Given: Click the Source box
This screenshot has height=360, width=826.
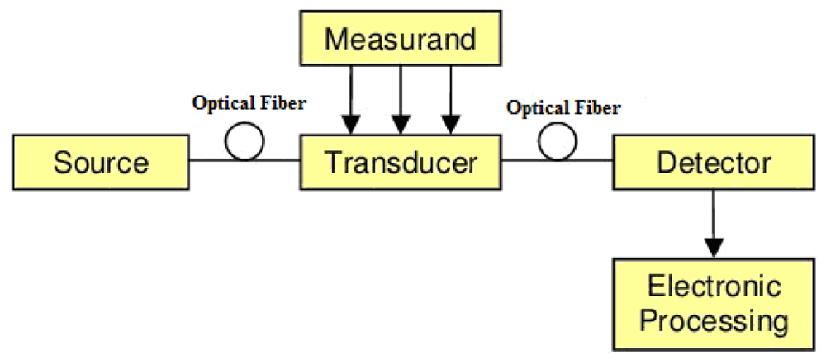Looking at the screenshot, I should (102, 161).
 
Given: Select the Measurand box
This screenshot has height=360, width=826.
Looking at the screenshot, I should (401, 40).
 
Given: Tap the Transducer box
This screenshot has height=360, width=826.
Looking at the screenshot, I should (401, 161).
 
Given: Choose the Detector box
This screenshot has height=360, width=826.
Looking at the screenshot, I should (714, 161).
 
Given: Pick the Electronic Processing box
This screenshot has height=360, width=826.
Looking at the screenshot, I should (714, 303).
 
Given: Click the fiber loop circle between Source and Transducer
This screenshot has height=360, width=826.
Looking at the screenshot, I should (244, 143).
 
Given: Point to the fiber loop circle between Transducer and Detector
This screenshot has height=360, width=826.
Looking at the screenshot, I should (558, 143).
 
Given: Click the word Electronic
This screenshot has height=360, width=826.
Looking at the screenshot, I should (714, 287).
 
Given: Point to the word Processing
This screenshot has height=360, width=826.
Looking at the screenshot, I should (714, 320).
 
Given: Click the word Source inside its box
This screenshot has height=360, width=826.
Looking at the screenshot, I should (102, 162).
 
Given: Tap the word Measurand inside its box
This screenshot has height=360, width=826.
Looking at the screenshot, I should (401, 40).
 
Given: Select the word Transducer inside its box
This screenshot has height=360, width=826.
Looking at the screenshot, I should (401, 162).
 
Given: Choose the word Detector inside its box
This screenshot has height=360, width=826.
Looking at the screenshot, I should (714, 162).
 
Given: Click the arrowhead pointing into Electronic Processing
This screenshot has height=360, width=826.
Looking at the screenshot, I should (714, 247).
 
